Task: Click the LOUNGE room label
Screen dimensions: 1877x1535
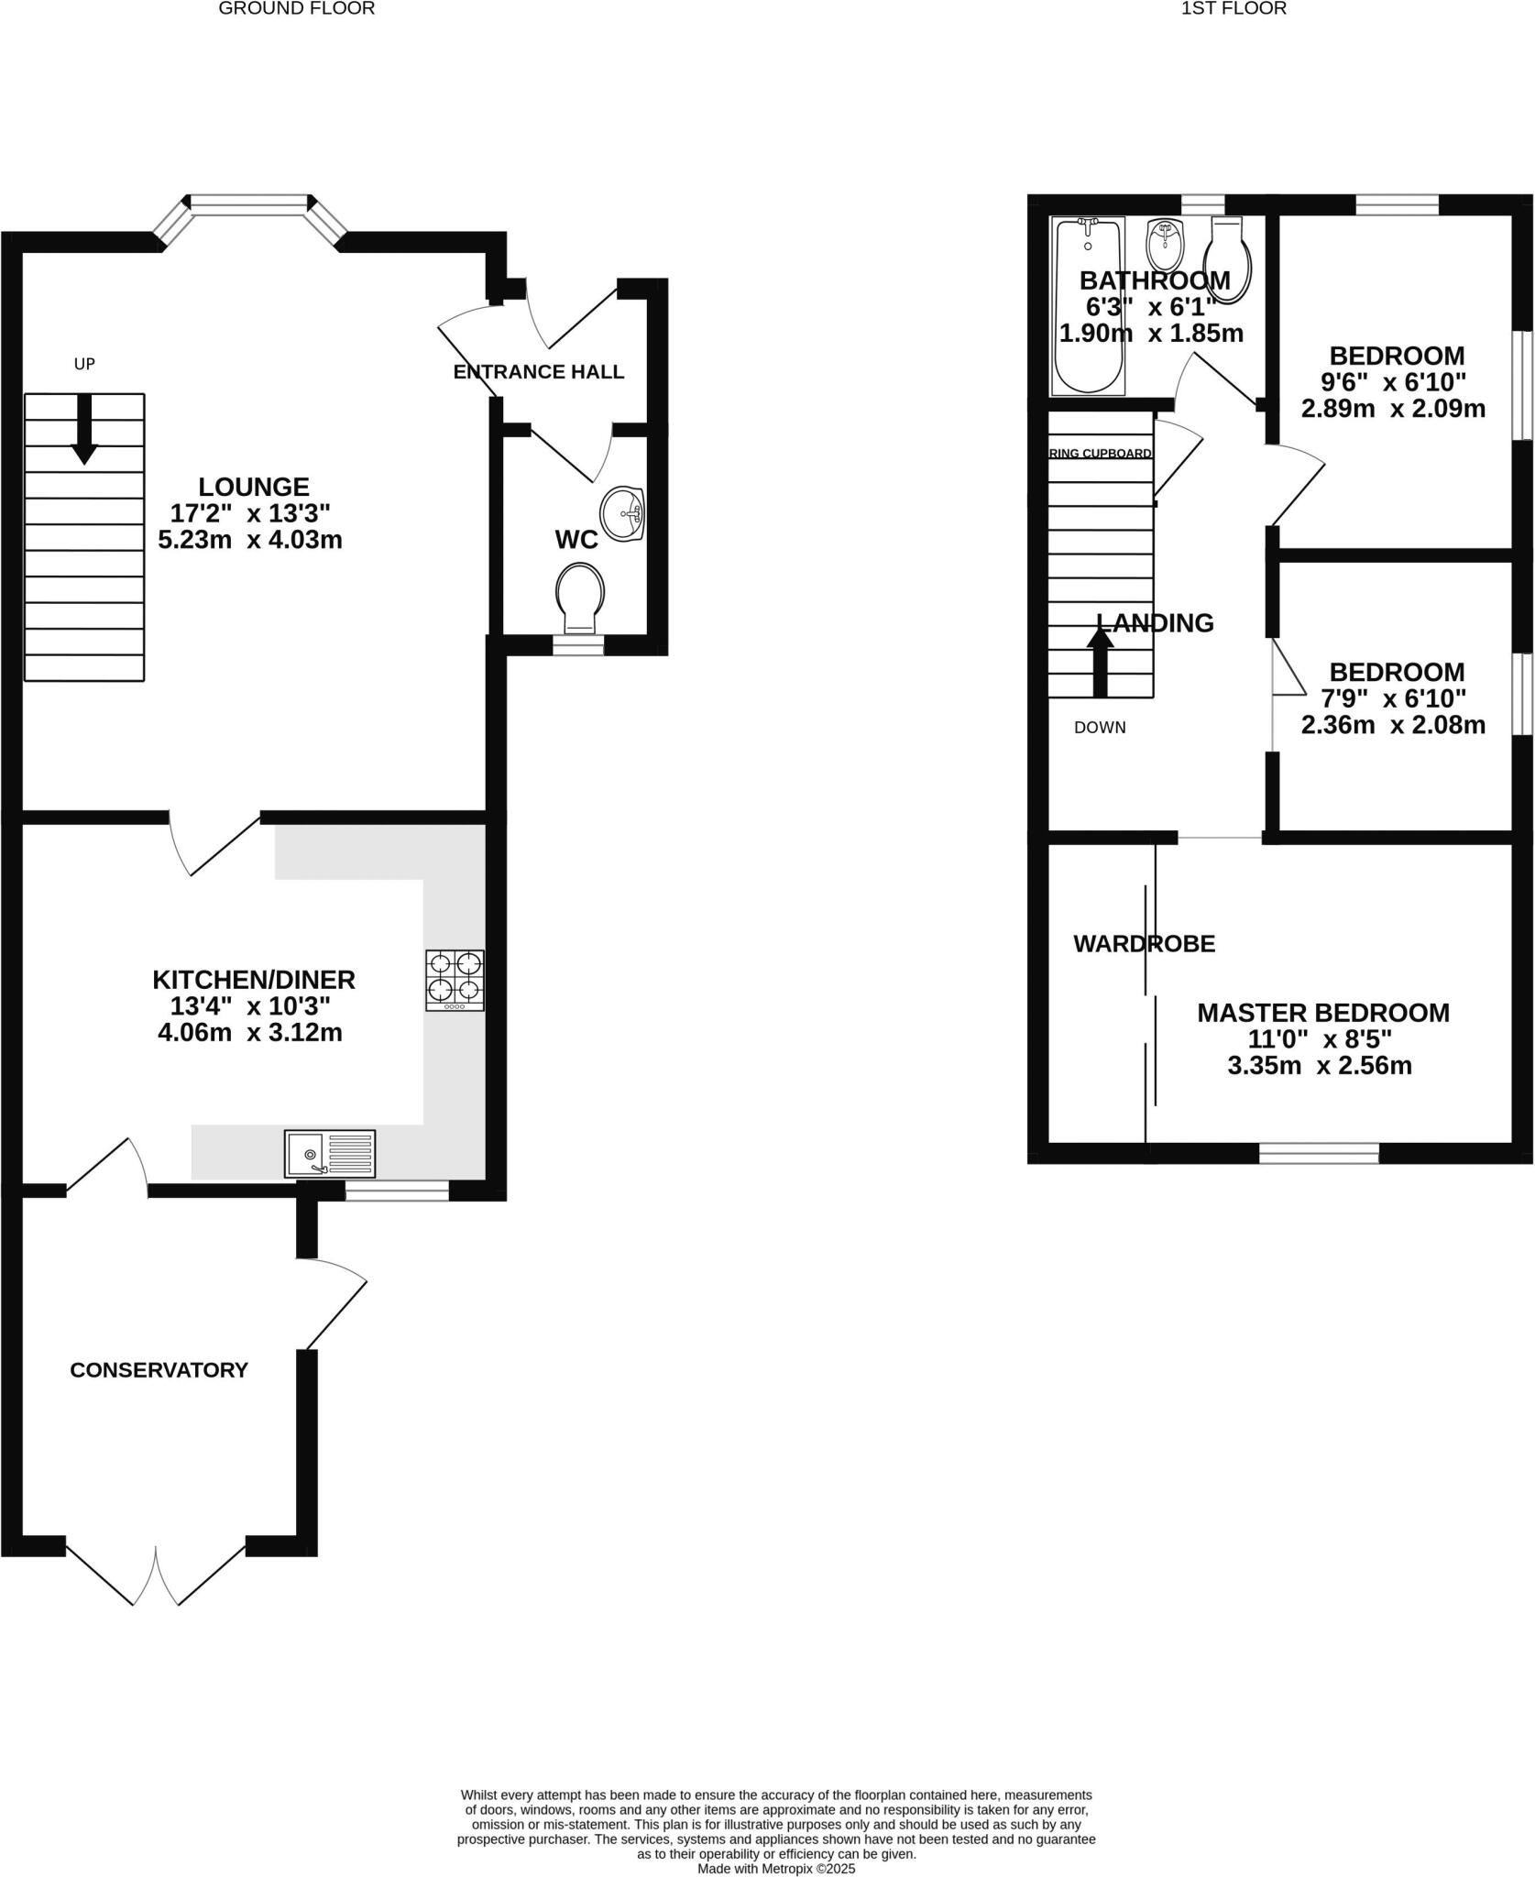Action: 254,487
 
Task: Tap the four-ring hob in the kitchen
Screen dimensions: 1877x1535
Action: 455,981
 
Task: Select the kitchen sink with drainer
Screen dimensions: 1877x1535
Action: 330,1154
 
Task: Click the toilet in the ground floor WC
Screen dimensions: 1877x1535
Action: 580,594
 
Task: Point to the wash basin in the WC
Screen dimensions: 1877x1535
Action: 623,513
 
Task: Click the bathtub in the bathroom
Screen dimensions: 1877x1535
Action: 1088,307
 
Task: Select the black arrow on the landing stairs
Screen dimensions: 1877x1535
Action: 1100,662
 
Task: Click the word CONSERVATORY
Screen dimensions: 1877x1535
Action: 159,1370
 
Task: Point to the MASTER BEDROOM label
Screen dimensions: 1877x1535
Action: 1323,1013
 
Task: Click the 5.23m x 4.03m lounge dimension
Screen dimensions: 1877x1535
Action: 250,540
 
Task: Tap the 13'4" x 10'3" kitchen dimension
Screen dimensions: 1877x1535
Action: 250,1006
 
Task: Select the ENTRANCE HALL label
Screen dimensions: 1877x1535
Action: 539,372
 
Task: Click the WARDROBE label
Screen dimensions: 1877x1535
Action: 1144,943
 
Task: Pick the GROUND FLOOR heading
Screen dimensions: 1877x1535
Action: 296,9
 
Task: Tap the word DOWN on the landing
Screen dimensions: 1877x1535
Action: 1100,728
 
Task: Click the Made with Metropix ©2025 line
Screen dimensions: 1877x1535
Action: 776,1868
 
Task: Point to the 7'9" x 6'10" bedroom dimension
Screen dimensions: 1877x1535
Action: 1393,698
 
